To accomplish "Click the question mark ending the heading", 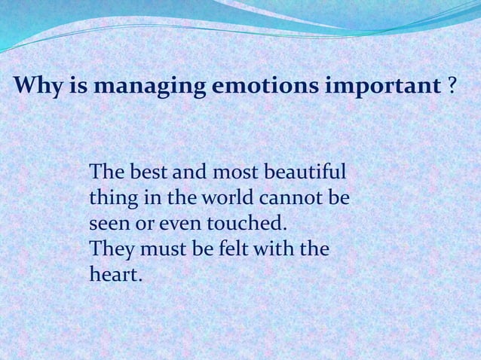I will pyautogui.click(x=452, y=87).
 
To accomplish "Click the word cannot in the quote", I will pyautogui.click(x=291, y=199).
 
